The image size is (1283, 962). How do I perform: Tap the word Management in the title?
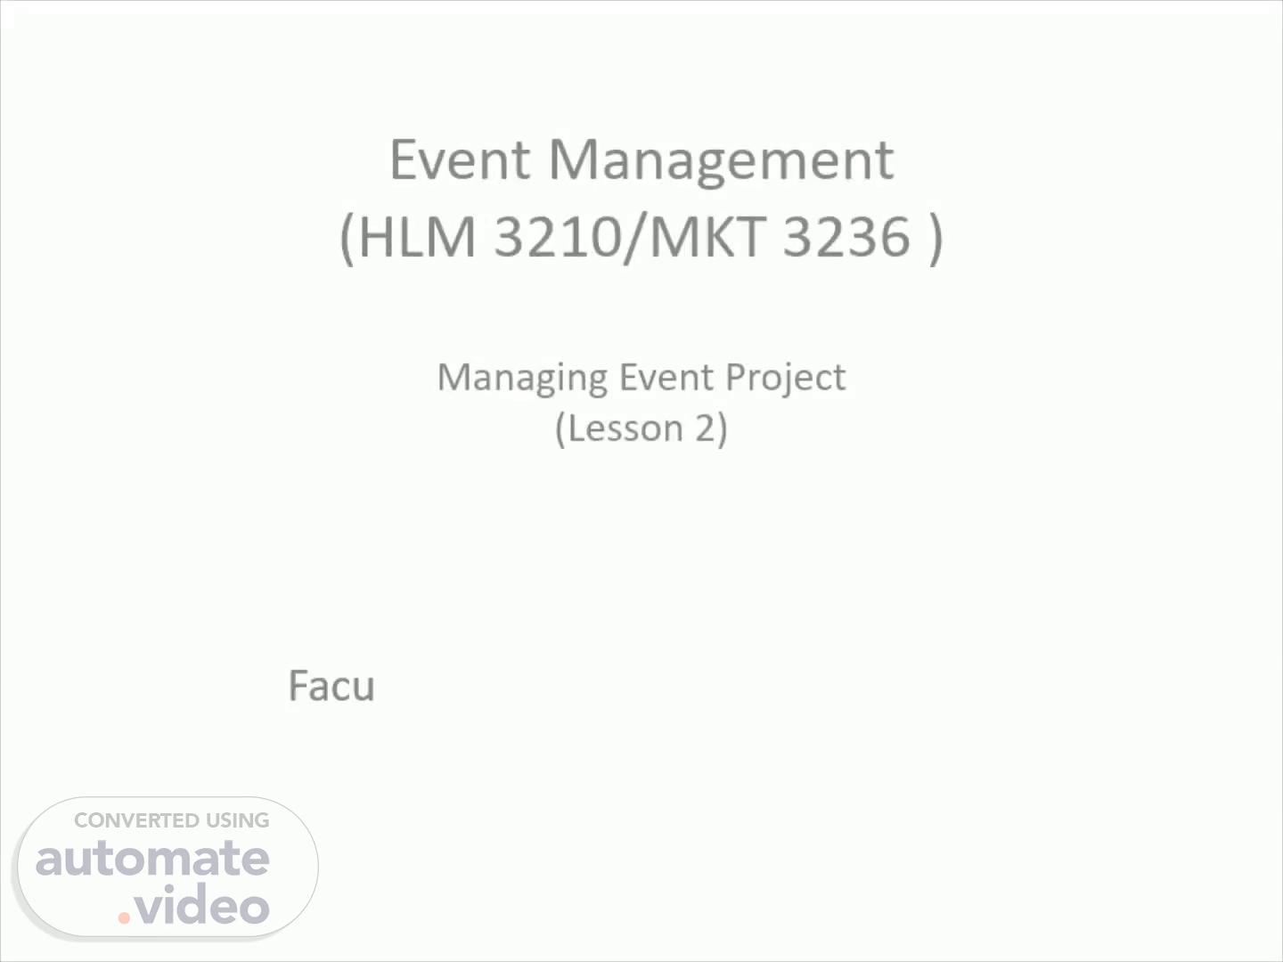click(x=721, y=164)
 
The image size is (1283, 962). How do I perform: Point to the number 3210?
click(x=557, y=236)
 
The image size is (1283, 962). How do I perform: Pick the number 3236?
click(x=846, y=236)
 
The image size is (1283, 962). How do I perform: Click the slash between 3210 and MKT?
click(x=634, y=239)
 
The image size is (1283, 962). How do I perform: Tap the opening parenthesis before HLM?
click(x=347, y=239)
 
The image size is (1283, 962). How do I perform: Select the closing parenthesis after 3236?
click(x=936, y=239)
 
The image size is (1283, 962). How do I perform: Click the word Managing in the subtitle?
click(x=522, y=379)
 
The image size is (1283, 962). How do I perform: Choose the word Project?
click(x=786, y=379)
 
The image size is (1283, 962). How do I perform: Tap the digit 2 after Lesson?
click(x=705, y=428)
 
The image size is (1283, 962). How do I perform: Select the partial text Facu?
click(x=331, y=686)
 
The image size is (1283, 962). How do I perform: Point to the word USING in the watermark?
click(x=238, y=820)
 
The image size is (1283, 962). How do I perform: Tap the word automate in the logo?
click(x=152, y=859)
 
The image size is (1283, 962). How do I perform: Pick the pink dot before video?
click(x=124, y=917)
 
